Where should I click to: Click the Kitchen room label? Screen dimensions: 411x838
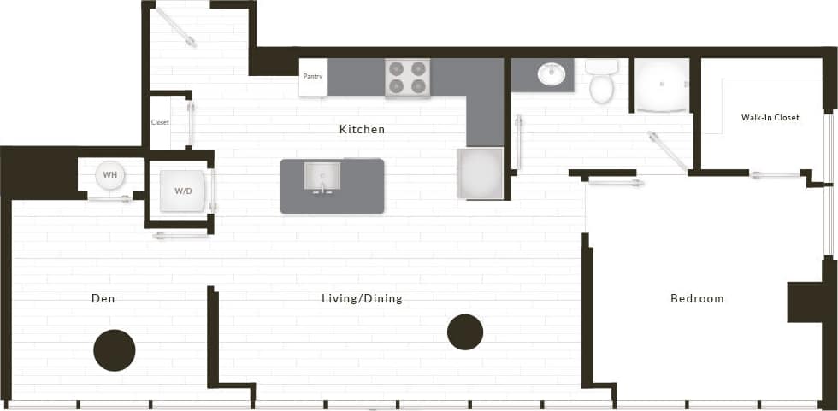[362, 130]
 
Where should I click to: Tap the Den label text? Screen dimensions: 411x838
[103, 298]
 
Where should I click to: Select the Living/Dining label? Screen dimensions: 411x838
[362, 298]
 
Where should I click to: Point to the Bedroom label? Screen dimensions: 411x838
[697, 298]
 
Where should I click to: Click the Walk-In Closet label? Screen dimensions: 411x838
[770, 118]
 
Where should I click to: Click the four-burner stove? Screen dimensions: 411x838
[407, 78]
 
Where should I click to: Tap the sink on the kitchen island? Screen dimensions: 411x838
[323, 177]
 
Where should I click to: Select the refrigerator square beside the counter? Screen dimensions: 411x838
[480, 173]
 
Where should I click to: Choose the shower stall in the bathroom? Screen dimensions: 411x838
[661, 85]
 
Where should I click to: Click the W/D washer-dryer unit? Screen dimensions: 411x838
[183, 191]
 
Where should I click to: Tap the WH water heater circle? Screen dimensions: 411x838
[109, 176]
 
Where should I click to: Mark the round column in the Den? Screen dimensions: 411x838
[114, 349]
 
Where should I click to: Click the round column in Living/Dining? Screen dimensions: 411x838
[465, 332]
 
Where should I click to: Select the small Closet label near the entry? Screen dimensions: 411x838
[160, 122]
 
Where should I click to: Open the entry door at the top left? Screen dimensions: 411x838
[176, 27]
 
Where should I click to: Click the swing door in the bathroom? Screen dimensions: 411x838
[667, 151]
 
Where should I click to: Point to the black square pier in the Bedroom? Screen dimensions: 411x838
[805, 302]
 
